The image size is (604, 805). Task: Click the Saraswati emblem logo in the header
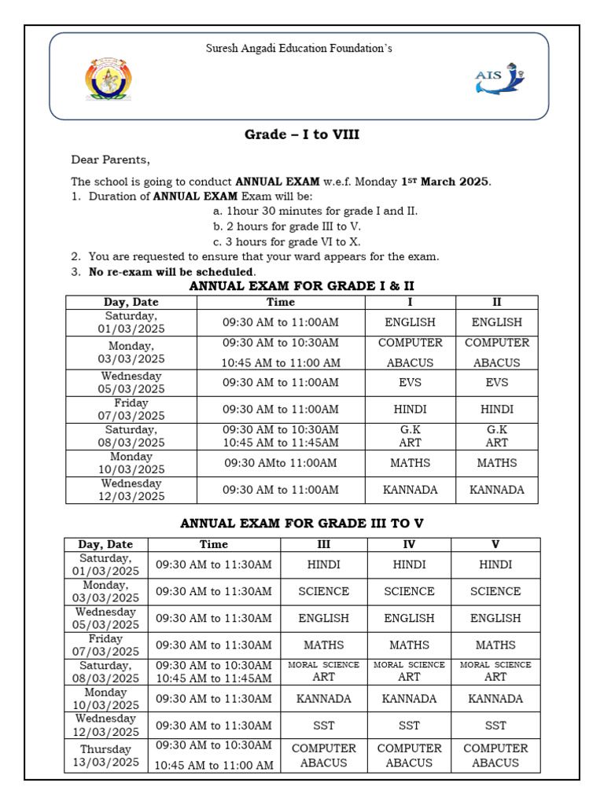109,79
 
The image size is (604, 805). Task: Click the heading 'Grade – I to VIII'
302,134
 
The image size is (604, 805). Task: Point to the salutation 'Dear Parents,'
110,160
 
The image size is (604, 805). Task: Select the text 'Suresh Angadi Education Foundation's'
299,49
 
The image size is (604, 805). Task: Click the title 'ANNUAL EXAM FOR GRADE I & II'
302,285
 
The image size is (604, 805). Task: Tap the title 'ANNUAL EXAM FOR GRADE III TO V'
302,523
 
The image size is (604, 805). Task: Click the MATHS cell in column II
497,463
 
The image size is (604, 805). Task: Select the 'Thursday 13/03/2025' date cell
105,755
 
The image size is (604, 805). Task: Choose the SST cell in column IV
409,726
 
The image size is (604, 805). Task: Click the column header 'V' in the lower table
495,544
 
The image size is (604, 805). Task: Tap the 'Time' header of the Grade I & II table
281,302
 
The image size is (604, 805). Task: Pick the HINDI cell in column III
323,564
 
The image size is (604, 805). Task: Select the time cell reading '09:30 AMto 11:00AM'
281,463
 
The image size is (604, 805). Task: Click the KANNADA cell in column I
410,490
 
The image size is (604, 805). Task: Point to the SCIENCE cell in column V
495,591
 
